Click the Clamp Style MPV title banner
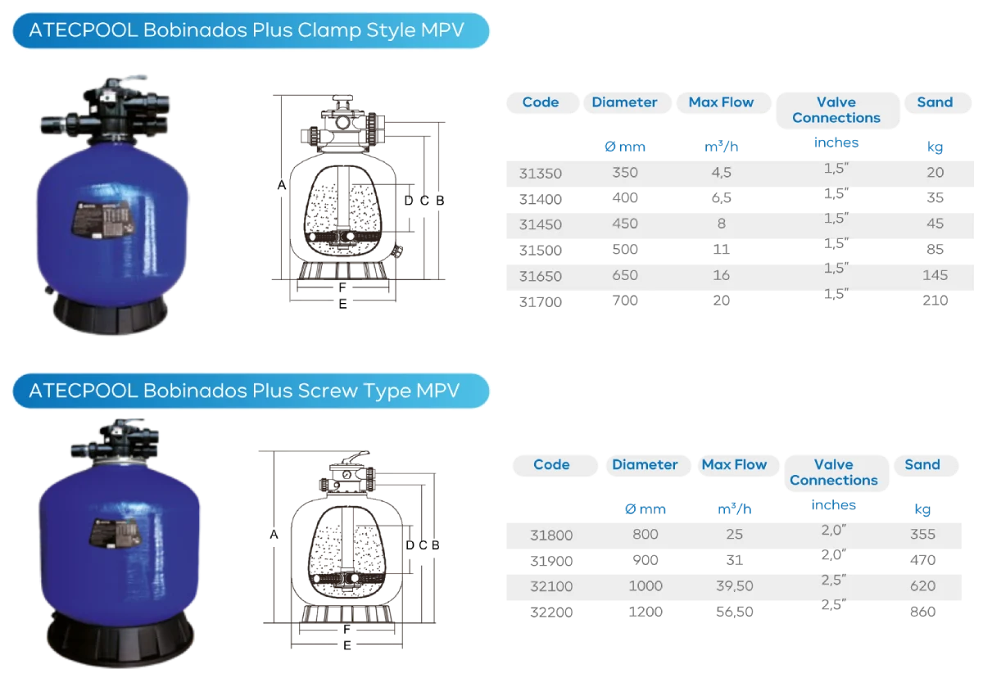[x=251, y=31]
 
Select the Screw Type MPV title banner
[x=251, y=391]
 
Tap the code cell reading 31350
[x=541, y=173]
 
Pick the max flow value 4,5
[x=721, y=173]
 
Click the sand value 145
[x=935, y=275]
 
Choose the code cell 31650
[x=541, y=276]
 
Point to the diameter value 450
[x=624, y=224]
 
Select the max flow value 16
[x=721, y=276]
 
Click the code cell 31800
[x=551, y=535]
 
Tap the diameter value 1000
[x=645, y=586]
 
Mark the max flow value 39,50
[x=734, y=586]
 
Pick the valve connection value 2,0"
[x=833, y=530]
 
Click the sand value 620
[x=922, y=586]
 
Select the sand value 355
[x=922, y=535]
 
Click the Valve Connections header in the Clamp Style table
[x=836, y=110]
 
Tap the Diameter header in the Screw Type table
[x=645, y=464]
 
